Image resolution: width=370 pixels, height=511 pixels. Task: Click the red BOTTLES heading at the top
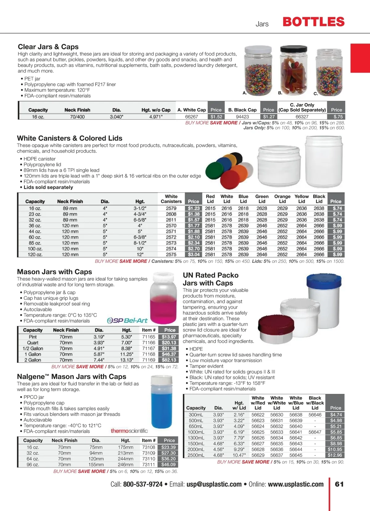(x=313, y=22)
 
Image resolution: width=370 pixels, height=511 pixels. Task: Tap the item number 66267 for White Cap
(x=191, y=117)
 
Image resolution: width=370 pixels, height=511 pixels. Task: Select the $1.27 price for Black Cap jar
(x=269, y=117)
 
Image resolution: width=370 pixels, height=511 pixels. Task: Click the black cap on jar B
(x=293, y=49)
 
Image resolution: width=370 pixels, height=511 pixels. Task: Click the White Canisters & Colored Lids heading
(x=70, y=138)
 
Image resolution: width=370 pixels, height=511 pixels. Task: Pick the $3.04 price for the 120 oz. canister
(x=194, y=254)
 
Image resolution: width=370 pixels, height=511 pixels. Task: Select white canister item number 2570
(x=171, y=226)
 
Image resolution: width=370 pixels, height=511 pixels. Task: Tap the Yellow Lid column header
(x=302, y=199)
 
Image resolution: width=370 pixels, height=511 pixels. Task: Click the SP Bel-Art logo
(x=127, y=320)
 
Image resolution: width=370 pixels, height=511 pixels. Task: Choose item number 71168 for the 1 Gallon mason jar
(x=149, y=354)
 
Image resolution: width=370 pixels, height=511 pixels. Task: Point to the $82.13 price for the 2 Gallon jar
(x=169, y=360)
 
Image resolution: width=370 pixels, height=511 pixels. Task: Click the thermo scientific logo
(x=129, y=431)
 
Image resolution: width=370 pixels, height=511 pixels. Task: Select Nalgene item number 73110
(x=149, y=459)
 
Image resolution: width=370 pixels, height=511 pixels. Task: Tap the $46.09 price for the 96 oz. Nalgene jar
(x=168, y=464)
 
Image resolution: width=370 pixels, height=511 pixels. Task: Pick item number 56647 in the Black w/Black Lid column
(x=315, y=432)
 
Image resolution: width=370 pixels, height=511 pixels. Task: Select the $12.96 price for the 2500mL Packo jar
(x=335, y=455)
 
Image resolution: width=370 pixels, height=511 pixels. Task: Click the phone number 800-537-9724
(x=143, y=484)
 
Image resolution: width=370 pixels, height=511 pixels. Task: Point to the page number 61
(x=339, y=484)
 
